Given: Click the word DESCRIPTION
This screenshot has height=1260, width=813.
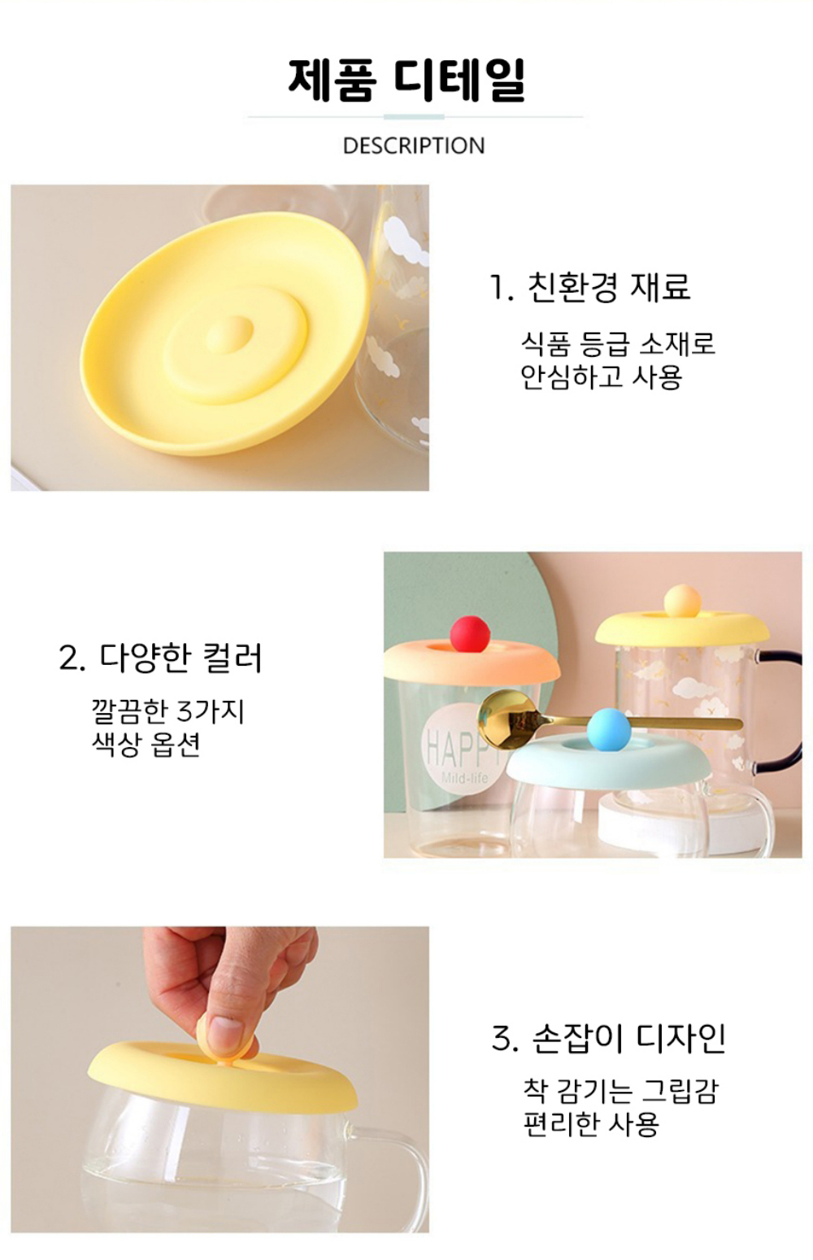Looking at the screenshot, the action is pos(414,146).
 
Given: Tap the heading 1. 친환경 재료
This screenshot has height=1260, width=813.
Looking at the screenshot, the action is pos(589,287).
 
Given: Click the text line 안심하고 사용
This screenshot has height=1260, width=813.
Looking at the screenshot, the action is pos(601,377).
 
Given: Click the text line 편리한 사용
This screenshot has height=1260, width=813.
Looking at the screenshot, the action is pos(591,1124).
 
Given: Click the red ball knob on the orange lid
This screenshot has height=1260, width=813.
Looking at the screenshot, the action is pos(471,633).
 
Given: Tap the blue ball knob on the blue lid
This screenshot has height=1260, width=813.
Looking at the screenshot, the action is pos(606,729).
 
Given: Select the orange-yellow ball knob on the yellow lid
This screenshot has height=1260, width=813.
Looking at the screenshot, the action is pos(682,602).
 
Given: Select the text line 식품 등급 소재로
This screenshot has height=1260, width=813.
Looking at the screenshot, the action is pos(618,343).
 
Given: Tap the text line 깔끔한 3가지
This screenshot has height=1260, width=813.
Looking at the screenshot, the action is pos(168,711).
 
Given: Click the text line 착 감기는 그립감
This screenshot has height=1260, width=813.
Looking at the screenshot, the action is pos(620,1091).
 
